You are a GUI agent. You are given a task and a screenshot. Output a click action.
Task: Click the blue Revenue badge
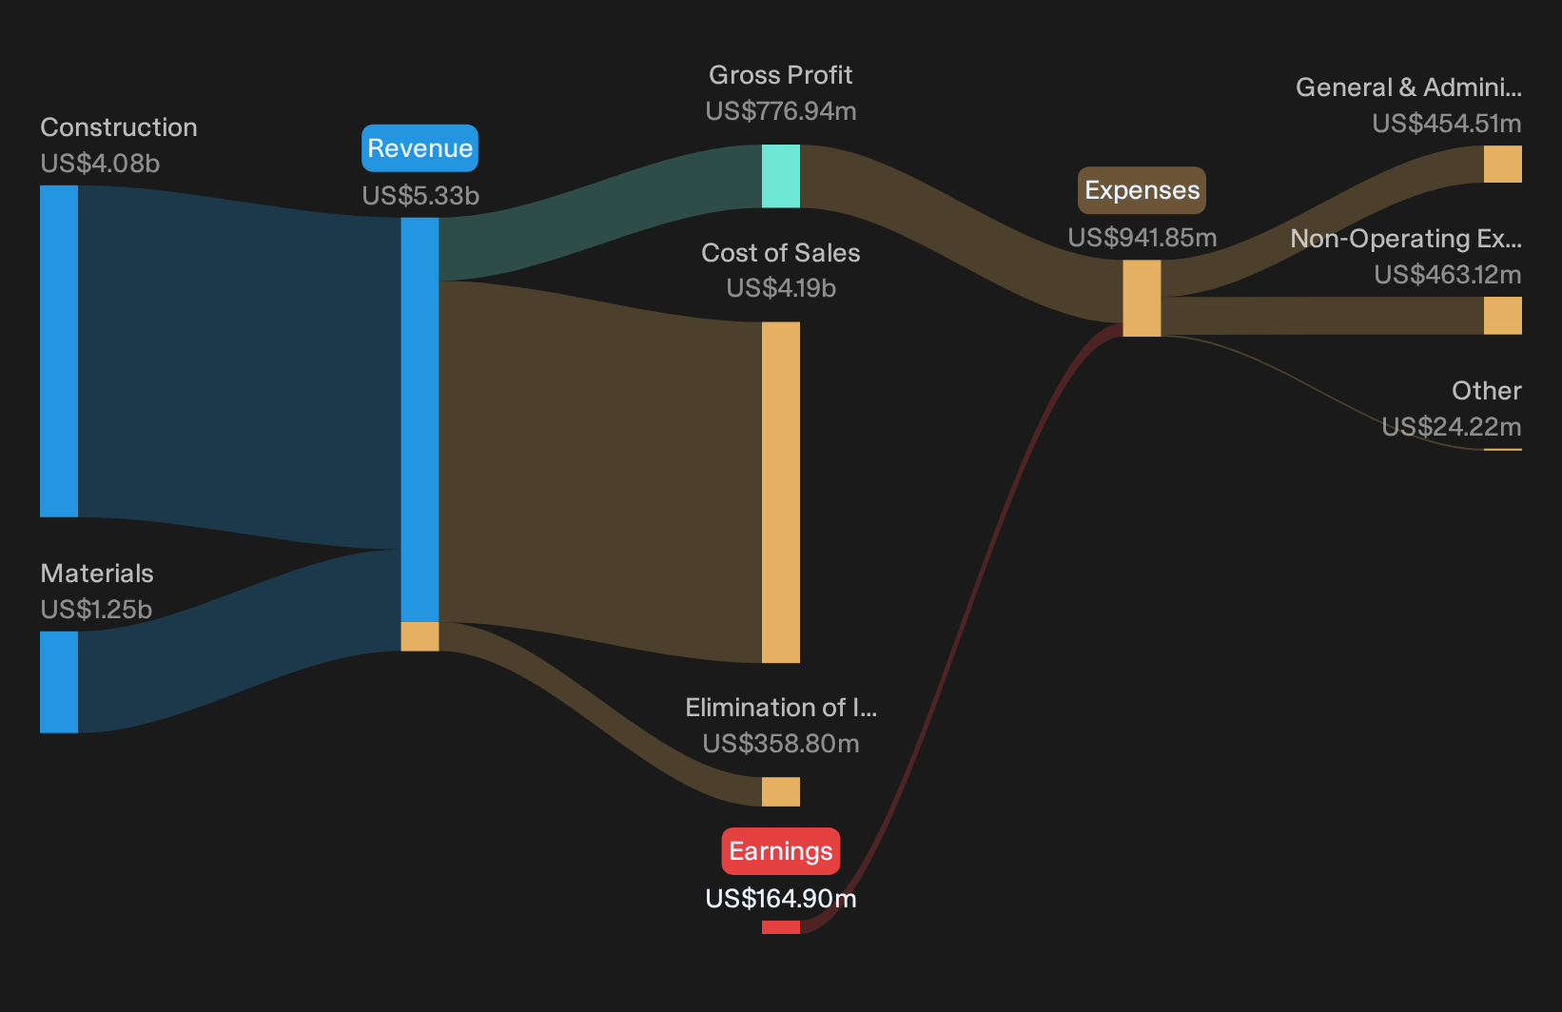[420, 147]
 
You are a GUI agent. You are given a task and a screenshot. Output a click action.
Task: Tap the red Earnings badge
[780, 851]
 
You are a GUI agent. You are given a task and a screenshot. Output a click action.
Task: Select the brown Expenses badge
[1142, 189]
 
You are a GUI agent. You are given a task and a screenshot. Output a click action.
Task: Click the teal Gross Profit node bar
[780, 176]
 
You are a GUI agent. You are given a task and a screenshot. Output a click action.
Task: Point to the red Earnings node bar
[780, 927]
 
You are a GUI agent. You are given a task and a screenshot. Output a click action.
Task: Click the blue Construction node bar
[59, 351]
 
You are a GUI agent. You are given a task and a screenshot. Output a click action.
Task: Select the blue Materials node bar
[59, 682]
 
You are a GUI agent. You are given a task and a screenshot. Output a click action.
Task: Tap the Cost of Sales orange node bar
[780, 493]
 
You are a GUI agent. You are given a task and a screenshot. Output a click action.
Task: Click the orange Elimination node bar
[780, 791]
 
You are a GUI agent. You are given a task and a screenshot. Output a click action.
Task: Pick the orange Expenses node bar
[1142, 299]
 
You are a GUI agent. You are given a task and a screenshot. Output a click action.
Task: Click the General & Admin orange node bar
[1503, 164]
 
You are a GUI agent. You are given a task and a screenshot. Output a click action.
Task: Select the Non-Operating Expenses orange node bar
[1503, 315]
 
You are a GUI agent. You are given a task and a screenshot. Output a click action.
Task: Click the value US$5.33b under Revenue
[420, 195]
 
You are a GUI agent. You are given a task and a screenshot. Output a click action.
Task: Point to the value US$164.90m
[781, 898]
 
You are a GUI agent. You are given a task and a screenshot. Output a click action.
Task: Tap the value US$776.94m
[781, 111]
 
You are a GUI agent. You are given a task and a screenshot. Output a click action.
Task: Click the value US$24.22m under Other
[1452, 426]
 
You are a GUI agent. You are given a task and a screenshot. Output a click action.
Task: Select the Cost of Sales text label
[780, 252]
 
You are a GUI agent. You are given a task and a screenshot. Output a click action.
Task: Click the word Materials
[97, 574]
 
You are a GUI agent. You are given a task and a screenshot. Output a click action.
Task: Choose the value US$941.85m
[1142, 237]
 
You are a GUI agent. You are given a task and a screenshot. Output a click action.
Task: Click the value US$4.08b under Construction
[100, 164]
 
